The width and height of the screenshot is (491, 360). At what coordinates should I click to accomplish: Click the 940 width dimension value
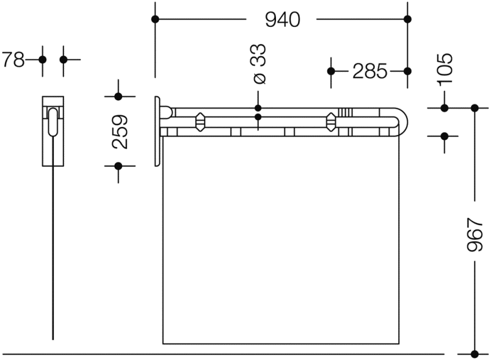pos(283,20)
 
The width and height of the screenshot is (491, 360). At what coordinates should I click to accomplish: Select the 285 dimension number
pos(370,71)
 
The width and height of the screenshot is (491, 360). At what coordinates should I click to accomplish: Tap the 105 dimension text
pos(445,69)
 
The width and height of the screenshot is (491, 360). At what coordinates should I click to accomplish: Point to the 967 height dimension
pos(475,234)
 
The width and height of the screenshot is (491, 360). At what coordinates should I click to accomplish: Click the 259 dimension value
pos(120,132)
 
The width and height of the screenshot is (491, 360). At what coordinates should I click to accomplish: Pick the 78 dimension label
pos(13,59)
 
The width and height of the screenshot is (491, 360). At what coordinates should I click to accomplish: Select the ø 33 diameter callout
pos(259,64)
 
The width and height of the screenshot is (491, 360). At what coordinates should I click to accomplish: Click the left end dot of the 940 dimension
pos(155,19)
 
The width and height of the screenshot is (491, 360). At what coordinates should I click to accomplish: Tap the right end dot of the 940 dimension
pos(407,19)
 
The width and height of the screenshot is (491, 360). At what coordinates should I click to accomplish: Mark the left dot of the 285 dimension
pos(331,71)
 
